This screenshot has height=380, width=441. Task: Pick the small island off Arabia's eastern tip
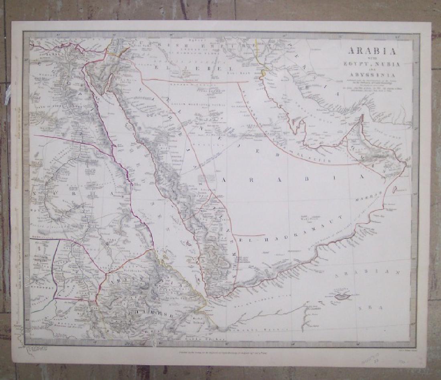pyautogui.click(x=394, y=189)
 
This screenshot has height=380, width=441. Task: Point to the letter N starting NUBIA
pyautogui.click(x=38, y=194)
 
